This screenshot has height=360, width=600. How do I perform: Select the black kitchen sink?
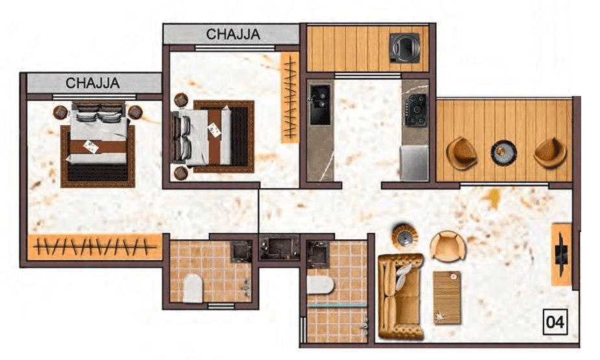pyautogui.click(x=320, y=104)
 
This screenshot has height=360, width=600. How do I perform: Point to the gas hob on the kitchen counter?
pyautogui.click(x=415, y=110)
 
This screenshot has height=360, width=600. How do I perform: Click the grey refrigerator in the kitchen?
pyautogui.click(x=414, y=163)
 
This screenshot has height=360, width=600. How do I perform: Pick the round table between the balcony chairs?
pyautogui.click(x=503, y=152)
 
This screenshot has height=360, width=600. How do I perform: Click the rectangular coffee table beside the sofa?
pyautogui.click(x=447, y=297)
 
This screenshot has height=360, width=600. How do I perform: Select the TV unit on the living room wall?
pyautogui.click(x=560, y=254)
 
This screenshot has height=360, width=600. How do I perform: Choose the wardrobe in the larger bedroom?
pyautogui.click(x=95, y=247)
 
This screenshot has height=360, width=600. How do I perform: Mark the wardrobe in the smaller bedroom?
pyautogui.click(x=290, y=98)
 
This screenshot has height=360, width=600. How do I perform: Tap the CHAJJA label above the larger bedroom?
pyautogui.click(x=93, y=83)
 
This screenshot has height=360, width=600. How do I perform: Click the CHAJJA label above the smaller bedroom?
pyautogui.click(x=233, y=34)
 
